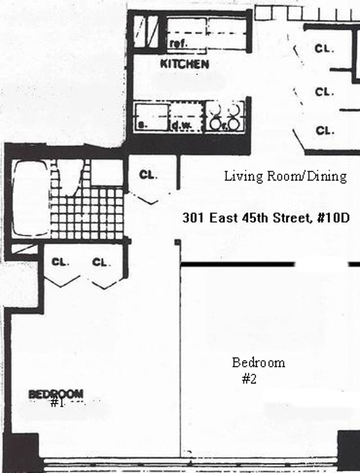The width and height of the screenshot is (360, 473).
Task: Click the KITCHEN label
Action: click(184, 64)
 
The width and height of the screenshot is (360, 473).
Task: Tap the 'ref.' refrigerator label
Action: click(178, 44)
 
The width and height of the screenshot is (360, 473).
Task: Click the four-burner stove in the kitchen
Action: click(225, 116)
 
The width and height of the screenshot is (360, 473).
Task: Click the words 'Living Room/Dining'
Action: click(285, 176)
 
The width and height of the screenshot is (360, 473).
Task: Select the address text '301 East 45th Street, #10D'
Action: click(265, 219)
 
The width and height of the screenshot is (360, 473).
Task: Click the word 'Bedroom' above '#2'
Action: click(258, 362)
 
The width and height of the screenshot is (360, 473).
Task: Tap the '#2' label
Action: click(249, 379)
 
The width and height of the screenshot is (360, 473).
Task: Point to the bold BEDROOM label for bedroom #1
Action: click(56, 394)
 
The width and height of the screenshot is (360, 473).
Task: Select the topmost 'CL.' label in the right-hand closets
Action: click(324, 49)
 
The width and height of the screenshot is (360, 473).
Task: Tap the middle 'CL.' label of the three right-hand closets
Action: click(324, 92)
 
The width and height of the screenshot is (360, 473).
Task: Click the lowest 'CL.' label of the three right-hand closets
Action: click(324, 131)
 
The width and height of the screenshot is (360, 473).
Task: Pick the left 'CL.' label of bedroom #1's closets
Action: click(60, 262)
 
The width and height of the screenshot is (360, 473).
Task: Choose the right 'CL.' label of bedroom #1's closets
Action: click(101, 262)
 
